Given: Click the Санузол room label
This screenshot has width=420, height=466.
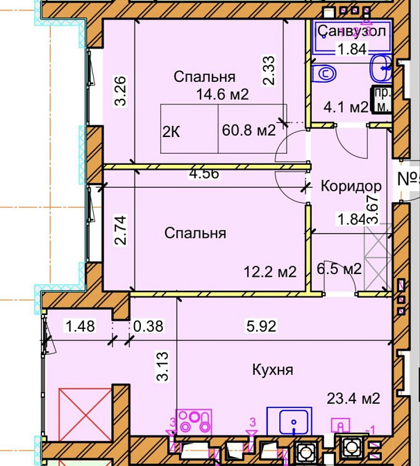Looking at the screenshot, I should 351,31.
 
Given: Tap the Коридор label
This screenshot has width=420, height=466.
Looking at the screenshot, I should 351,186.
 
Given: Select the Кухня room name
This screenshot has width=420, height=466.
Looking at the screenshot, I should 272,369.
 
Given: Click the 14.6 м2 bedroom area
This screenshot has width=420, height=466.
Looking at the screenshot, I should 221,95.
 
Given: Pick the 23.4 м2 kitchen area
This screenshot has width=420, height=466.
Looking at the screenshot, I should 353,399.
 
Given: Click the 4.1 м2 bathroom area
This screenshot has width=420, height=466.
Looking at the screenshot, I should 346,107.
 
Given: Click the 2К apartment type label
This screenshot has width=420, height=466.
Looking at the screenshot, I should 171,131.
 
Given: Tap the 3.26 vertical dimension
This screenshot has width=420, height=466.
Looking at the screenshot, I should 119,90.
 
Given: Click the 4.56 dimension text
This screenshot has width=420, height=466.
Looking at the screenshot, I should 204,174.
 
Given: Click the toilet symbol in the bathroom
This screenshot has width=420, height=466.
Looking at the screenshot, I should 324,72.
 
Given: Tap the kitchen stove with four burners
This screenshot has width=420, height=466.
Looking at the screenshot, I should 195,419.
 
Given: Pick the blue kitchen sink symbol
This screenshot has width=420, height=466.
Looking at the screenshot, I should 294,421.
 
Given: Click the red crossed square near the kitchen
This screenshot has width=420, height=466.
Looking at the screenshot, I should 85,415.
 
